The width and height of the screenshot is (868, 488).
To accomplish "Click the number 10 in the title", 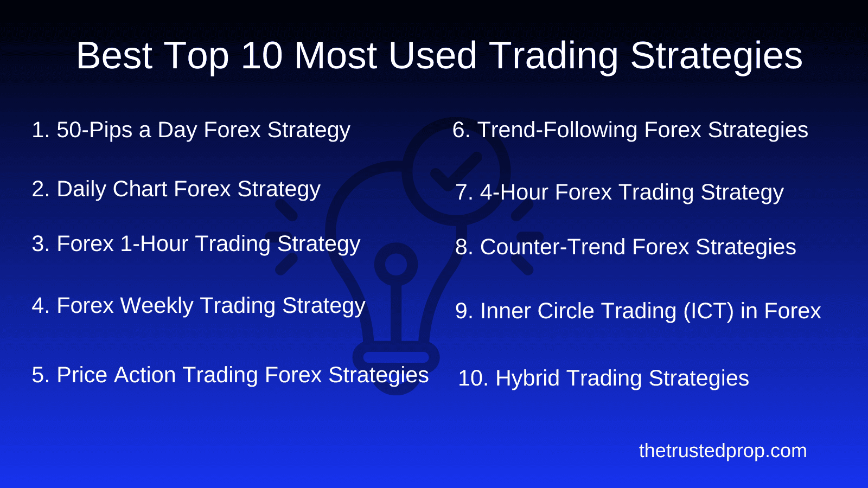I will click(x=261, y=56).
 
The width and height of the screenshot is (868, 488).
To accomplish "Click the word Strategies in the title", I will click(x=716, y=56).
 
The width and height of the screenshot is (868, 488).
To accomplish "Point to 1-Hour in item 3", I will click(x=155, y=244).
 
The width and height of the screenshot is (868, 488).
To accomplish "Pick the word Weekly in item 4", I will click(x=157, y=306).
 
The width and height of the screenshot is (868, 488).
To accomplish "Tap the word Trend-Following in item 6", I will click(x=557, y=130).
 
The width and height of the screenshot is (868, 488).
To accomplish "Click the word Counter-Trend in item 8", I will click(x=553, y=247).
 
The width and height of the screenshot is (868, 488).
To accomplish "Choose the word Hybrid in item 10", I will click(x=527, y=378).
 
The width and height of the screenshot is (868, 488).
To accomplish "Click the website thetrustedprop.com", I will click(x=723, y=451).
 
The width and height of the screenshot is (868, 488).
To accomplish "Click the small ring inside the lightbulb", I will click(x=396, y=264).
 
